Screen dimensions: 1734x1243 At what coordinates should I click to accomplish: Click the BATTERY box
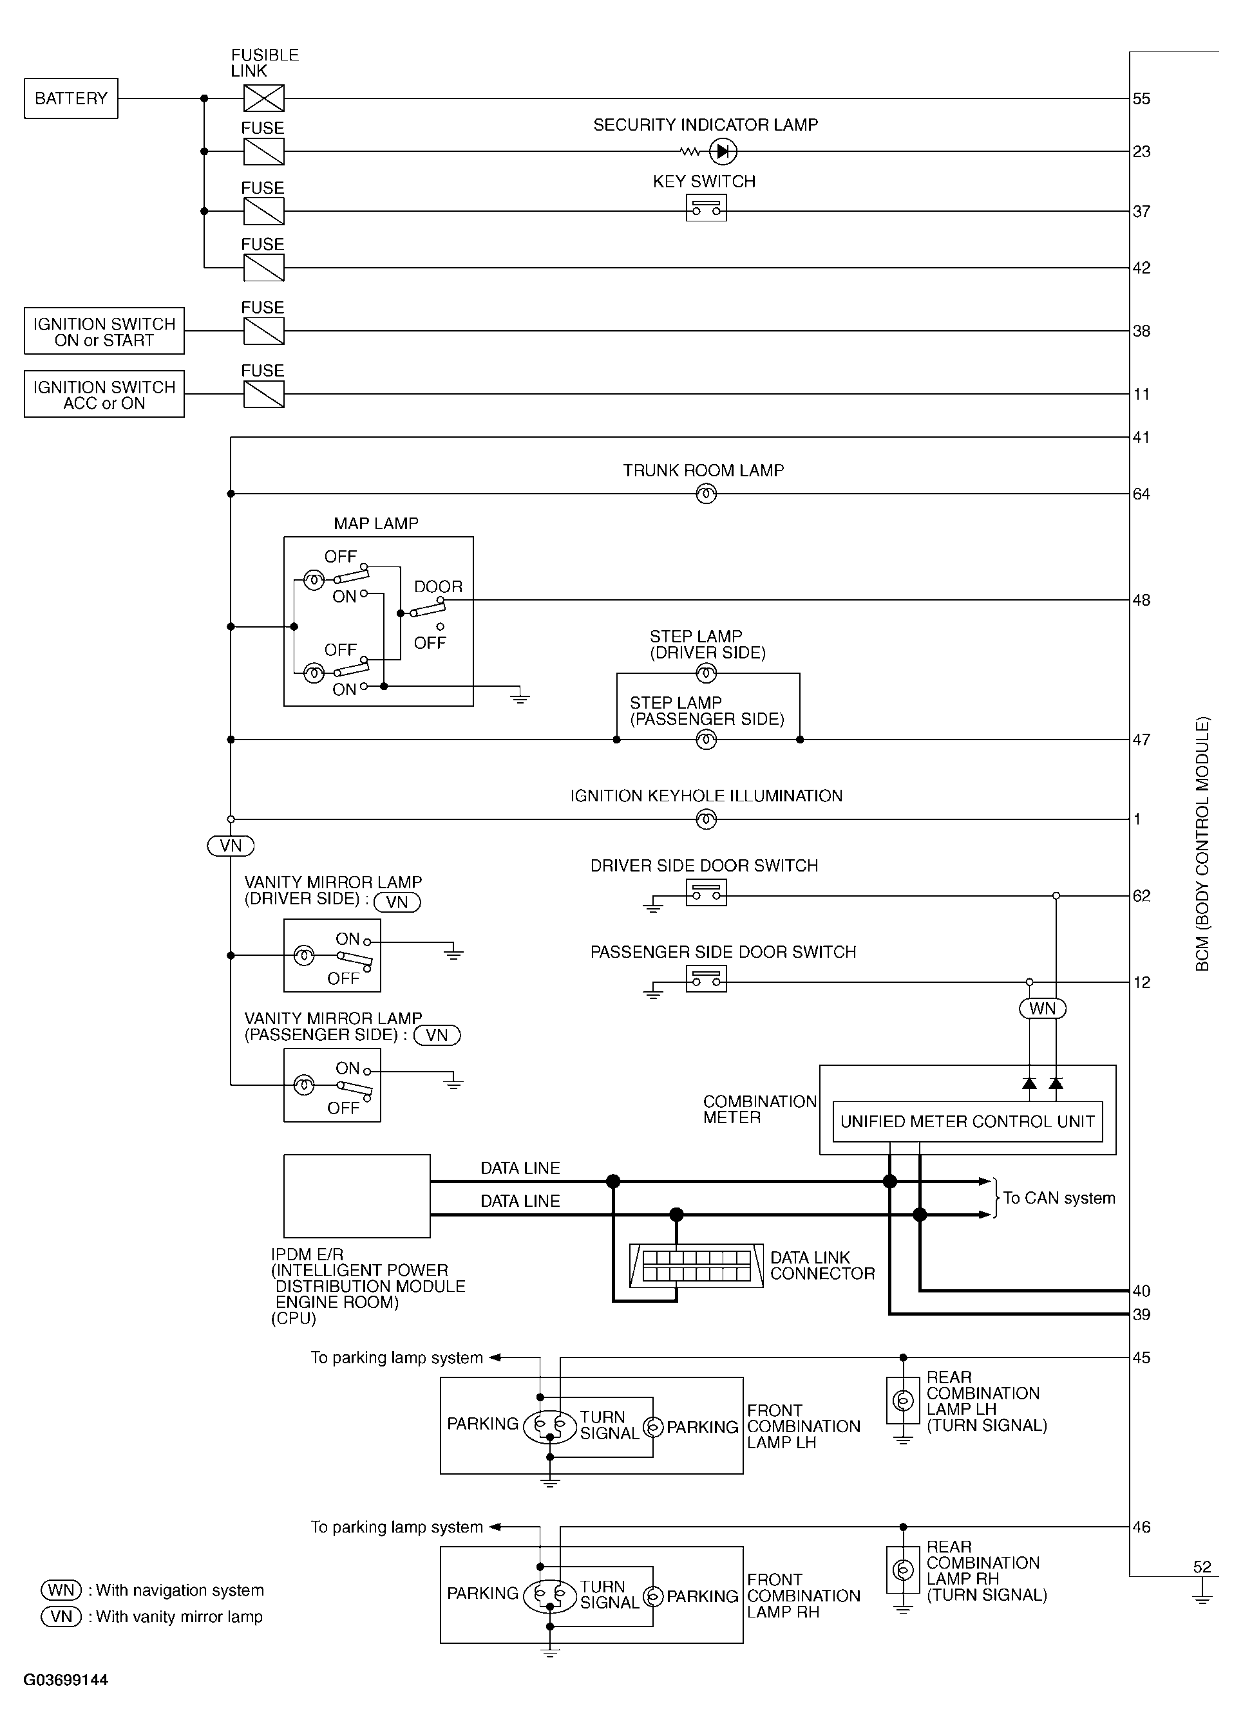(71, 98)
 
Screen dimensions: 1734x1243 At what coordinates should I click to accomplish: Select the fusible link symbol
(263, 98)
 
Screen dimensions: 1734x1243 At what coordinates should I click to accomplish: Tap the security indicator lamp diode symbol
(723, 152)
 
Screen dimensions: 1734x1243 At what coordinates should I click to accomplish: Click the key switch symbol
(706, 208)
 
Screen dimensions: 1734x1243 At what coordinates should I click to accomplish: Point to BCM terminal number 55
(1141, 98)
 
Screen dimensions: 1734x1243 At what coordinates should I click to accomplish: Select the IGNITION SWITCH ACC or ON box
(104, 395)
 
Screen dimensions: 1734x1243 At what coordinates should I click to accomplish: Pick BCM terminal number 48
(1141, 600)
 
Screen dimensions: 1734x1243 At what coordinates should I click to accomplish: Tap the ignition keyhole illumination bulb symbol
(706, 819)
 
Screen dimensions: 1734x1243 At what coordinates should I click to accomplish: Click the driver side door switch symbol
(706, 892)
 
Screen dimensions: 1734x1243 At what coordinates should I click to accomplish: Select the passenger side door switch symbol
(706, 978)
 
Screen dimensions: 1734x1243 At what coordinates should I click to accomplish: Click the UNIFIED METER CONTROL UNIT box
(967, 1122)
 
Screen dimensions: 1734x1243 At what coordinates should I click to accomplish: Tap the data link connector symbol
(696, 1265)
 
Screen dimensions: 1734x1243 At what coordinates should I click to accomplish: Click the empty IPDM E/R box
(356, 1196)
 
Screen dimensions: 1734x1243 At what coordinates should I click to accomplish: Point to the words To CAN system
(1059, 1198)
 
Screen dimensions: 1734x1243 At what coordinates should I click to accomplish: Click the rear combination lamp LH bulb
(902, 1401)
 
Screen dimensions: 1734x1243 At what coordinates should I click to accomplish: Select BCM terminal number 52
(1202, 1567)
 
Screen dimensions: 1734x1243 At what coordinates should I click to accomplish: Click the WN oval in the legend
(61, 1590)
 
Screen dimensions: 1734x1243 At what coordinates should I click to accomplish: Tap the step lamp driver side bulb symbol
(706, 673)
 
